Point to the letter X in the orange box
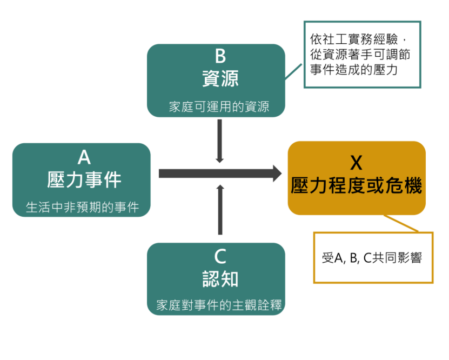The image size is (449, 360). (357, 163)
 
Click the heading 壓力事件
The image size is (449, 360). (84, 181)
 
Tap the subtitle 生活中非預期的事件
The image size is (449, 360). (82, 207)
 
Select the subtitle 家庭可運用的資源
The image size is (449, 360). (219, 106)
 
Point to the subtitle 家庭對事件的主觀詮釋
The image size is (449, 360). (219, 305)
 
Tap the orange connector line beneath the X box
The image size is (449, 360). (400, 223)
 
